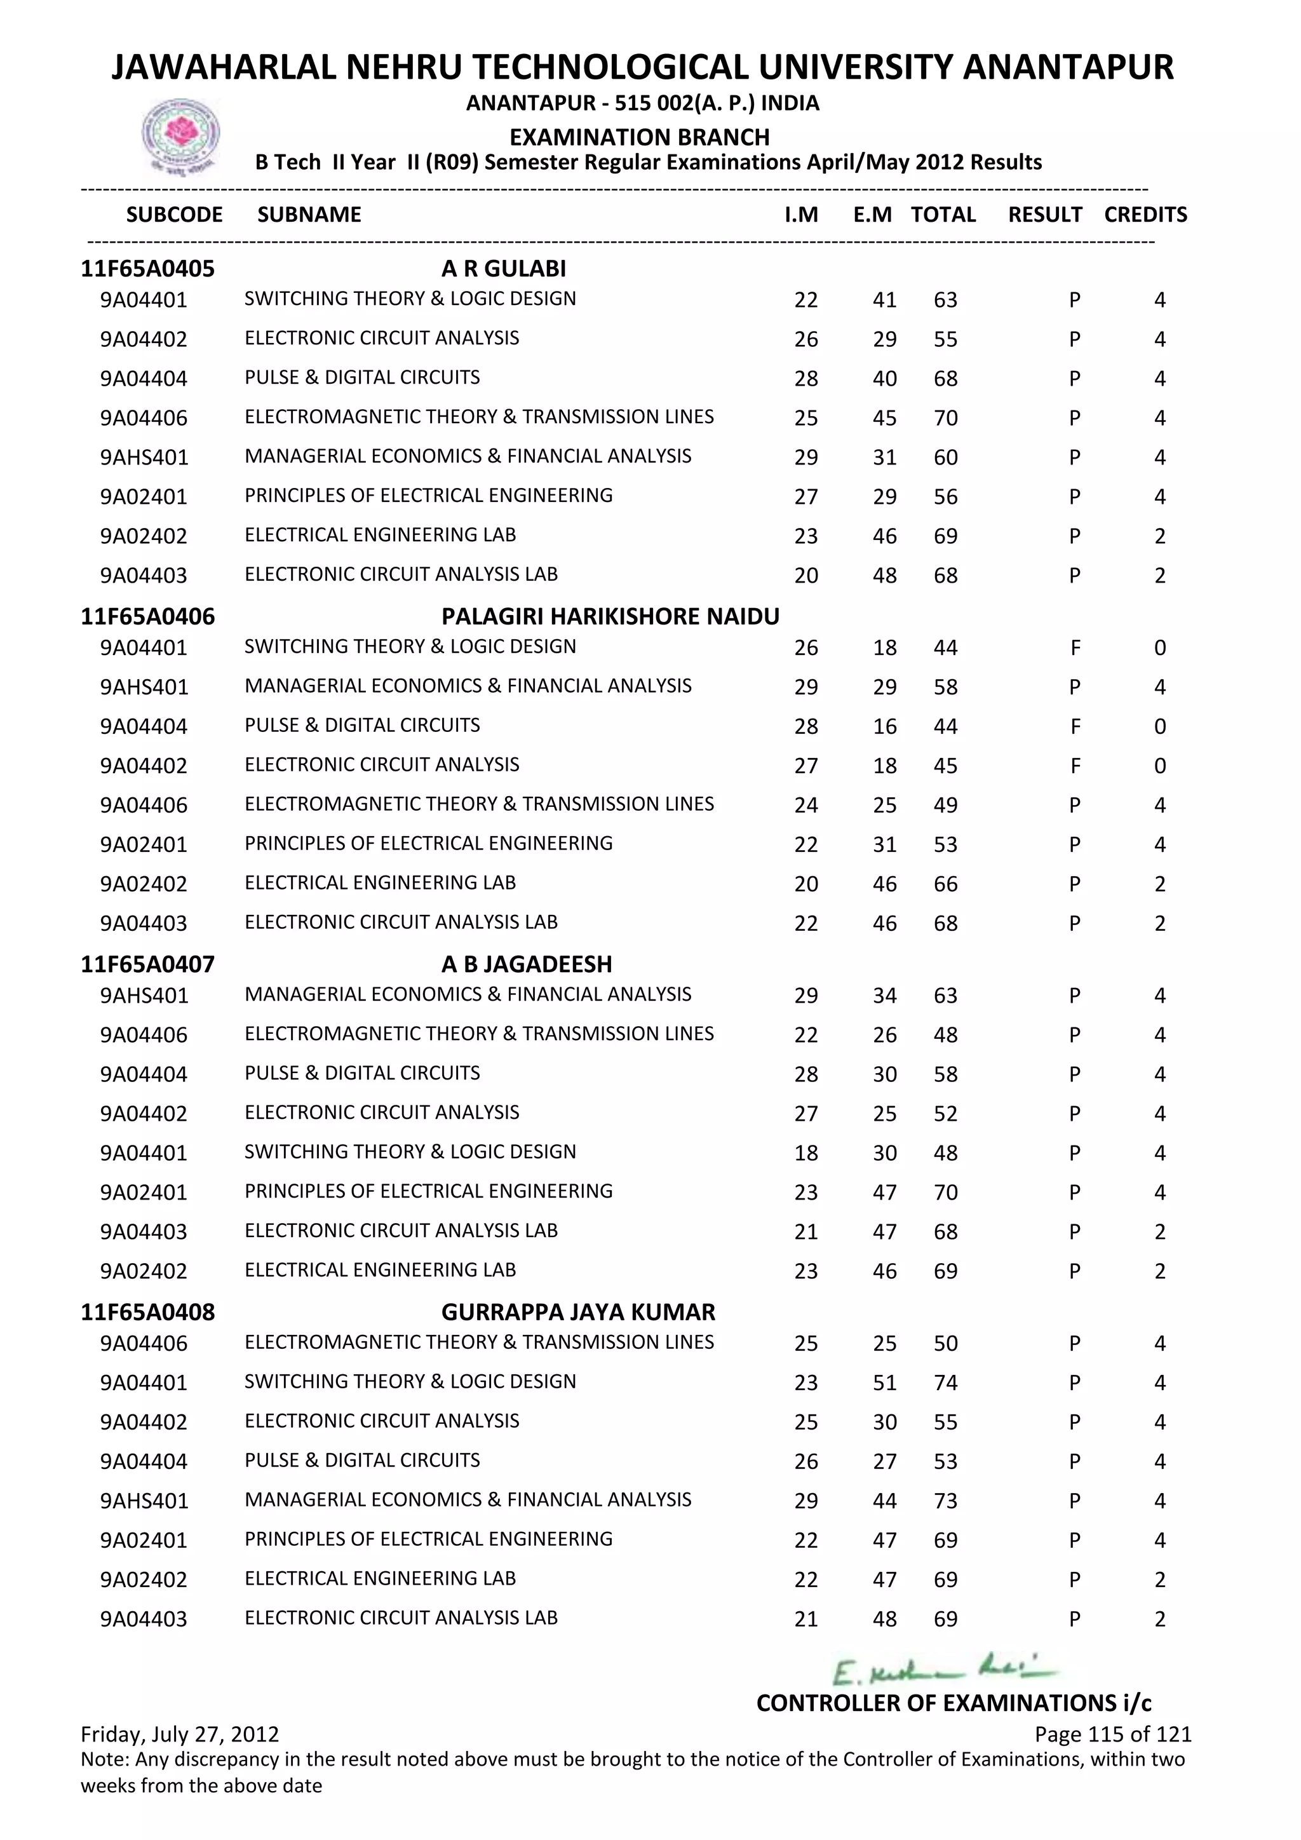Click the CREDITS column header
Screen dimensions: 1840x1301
pyautogui.click(x=1145, y=215)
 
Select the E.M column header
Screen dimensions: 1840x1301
pyautogui.click(x=872, y=215)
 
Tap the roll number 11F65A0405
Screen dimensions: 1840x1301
pyautogui.click(x=147, y=269)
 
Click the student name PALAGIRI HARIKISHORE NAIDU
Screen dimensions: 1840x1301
pyautogui.click(x=610, y=616)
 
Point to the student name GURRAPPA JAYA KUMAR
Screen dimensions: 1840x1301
pyautogui.click(x=577, y=1312)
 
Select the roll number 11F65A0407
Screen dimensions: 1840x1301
pyautogui.click(x=147, y=964)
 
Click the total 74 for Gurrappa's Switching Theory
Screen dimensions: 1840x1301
pyautogui.click(x=945, y=1383)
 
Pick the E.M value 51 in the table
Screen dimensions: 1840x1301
pyautogui.click(x=884, y=1383)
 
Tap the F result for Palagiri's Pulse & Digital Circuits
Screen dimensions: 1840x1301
pyautogui.click(x=1075, y=727)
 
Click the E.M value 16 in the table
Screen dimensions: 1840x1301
pyautogui.click(x=884, y=727)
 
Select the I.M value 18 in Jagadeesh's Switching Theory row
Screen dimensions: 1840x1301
pyautogui.click(x=806, y=1153)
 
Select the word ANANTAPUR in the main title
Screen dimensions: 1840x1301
pyautogui.click(x=1067, y=67)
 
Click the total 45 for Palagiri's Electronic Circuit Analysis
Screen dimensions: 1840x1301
pyautogui.click(x=945, y=766)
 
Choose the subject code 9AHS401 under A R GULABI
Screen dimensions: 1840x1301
pyautogui.click(x=144, y=457)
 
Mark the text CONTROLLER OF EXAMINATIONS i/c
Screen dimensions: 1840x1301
pyautogui.click(x=954, y=1702)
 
